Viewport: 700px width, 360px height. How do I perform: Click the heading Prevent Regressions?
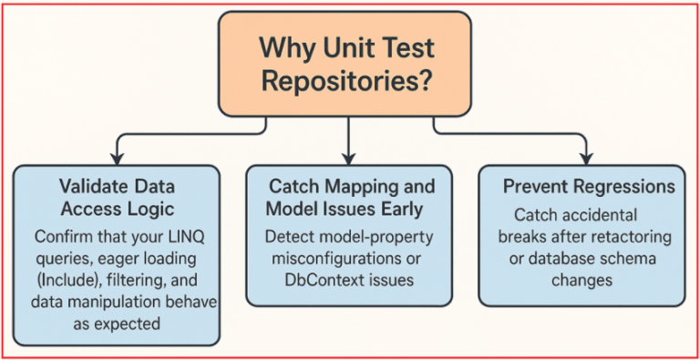589,186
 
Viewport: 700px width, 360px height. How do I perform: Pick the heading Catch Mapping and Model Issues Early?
350,198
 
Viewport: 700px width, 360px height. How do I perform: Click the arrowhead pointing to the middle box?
349,157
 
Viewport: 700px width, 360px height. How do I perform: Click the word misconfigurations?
333,258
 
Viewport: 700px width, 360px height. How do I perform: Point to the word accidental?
608,216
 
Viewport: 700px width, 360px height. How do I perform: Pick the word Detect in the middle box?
289,235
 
